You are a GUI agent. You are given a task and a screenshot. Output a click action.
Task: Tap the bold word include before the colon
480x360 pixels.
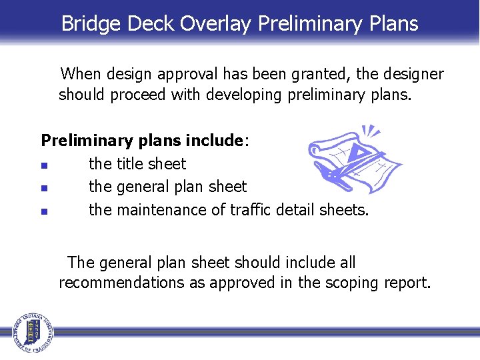[x=214, y=141]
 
